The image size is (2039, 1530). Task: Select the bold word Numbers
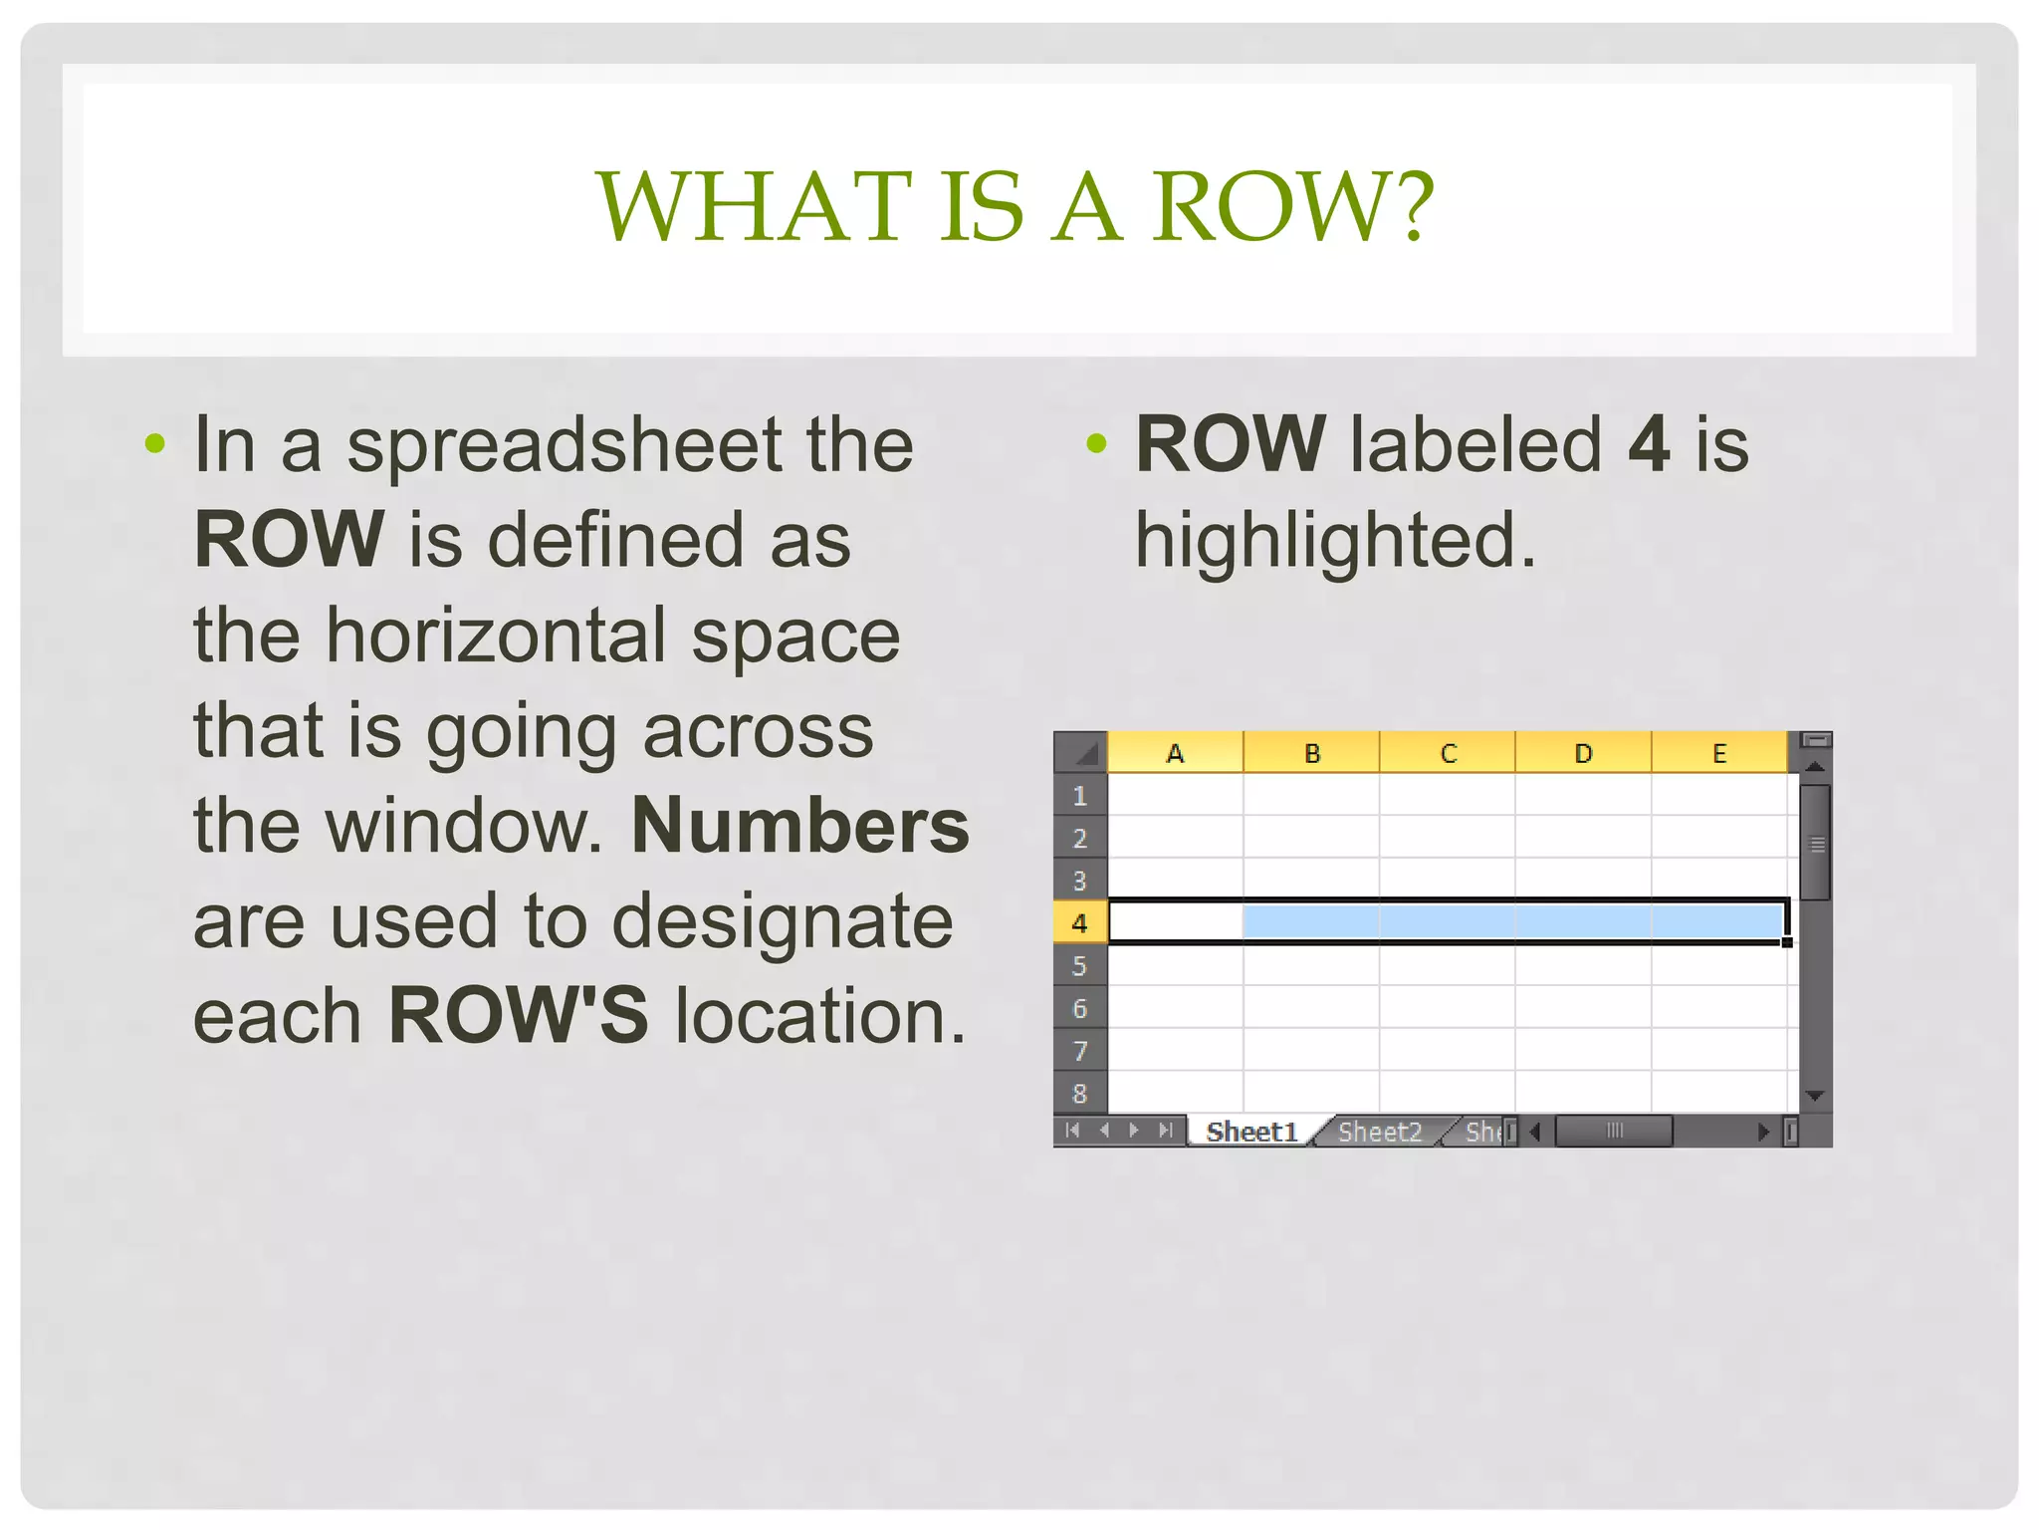(800, 826)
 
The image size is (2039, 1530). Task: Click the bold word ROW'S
(518, 1016)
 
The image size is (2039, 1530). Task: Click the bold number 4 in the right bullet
(1648, 445)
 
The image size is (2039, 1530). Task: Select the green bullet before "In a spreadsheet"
(154, 443)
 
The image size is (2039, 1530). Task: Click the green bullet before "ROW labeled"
(1096, 443)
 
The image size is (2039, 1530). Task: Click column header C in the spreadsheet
(1448, 754)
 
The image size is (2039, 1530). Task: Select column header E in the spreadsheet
(1719, 754)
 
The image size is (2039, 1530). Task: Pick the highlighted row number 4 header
(1079, 923)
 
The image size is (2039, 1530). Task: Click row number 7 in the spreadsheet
(1079, 1051)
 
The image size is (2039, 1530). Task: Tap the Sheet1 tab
(1251, 1132)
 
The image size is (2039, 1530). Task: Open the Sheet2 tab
(1379, 1132)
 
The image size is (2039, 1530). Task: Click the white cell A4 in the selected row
(1176, 922)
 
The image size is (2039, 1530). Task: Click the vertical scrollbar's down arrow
(1814, 1096)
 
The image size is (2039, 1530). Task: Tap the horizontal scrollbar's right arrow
(1763, 1132)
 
